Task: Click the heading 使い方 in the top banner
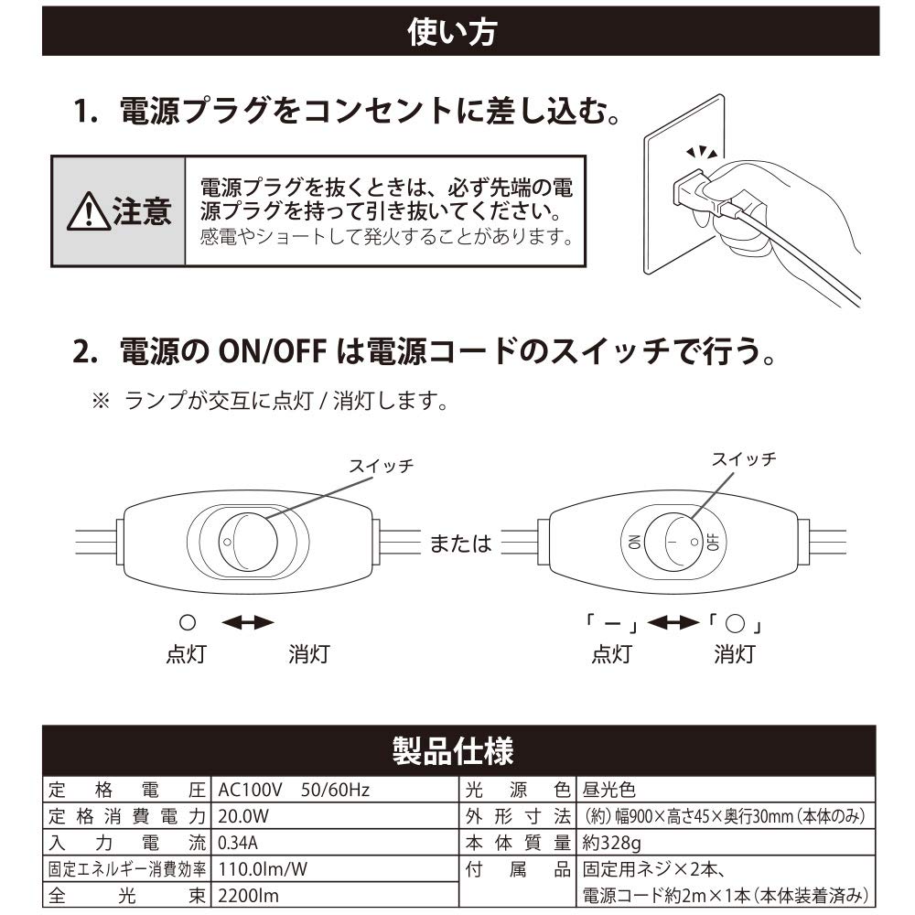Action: click(452, 32)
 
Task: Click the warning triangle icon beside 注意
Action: click(89, 211)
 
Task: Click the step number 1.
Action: click(85, 111)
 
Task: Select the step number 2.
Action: click(85, 351)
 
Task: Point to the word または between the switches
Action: click(461, 544)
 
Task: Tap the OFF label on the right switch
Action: click(713, 542)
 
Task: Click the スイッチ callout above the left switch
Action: click(381, 466)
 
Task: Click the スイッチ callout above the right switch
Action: click(743, 459)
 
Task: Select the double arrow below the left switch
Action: click(248, 622)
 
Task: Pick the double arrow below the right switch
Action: click(673, 622)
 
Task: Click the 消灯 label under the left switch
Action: click(309, 654)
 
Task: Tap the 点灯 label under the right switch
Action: click(611, 654)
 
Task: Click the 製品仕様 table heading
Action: click(453, 751)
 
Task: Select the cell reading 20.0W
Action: click(243, 816)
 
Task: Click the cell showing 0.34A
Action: click(238, 843)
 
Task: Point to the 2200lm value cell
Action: click(249, 896)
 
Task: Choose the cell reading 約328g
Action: click(611, 843)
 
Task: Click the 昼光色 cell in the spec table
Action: click(608, 790)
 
